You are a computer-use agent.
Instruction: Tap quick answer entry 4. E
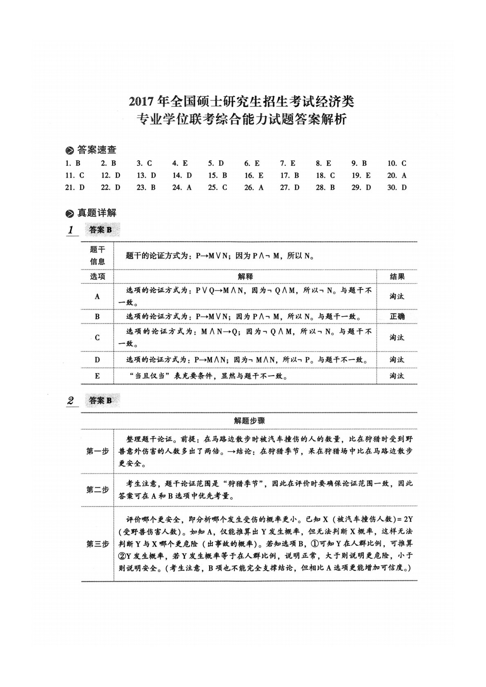click(x=180, y=163)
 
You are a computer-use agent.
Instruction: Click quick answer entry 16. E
click(x=254, y=176)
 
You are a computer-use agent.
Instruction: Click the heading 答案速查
click(x=96, y=150)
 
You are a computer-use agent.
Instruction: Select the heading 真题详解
click(x=96, y=213)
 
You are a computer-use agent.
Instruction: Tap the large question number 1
click(x=71, y=230)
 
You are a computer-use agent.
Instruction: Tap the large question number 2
click(x=71, y=400)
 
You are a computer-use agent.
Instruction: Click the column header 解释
click(x=245, y=276)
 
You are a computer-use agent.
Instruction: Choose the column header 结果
click(x=397, y=276)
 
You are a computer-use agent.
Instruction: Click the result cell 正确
click(x=397, y=316)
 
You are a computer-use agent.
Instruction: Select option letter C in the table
click(x=97, y=338)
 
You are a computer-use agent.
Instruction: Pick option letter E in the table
click(x=97, y=376)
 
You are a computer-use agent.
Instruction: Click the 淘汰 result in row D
click(x=397, y=360)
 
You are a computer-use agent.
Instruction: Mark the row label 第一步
click(x=97, y=451)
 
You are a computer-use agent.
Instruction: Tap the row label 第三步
click(x=97, y=544)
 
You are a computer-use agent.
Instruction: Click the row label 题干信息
click(x=97, y=256)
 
